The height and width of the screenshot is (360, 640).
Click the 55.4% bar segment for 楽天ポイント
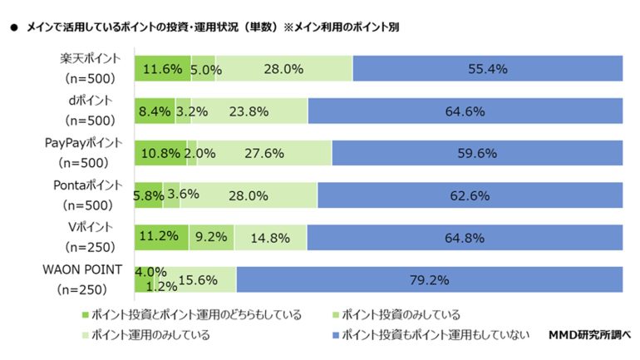point(488,69)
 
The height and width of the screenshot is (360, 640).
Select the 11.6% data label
point(161,69)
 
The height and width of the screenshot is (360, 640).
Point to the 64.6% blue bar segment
point(465,111)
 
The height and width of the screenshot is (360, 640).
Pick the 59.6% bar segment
point(477,153)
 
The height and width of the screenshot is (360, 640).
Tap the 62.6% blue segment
point(470,195)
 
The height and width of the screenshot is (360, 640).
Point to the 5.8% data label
point(148,195)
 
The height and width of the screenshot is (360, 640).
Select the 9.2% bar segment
point(211,238)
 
